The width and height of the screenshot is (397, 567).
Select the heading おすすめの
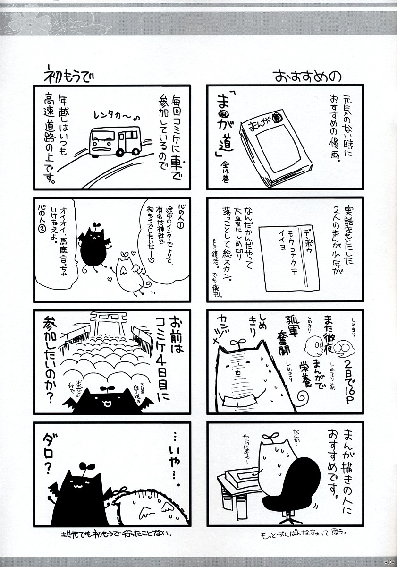coord(308,76)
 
